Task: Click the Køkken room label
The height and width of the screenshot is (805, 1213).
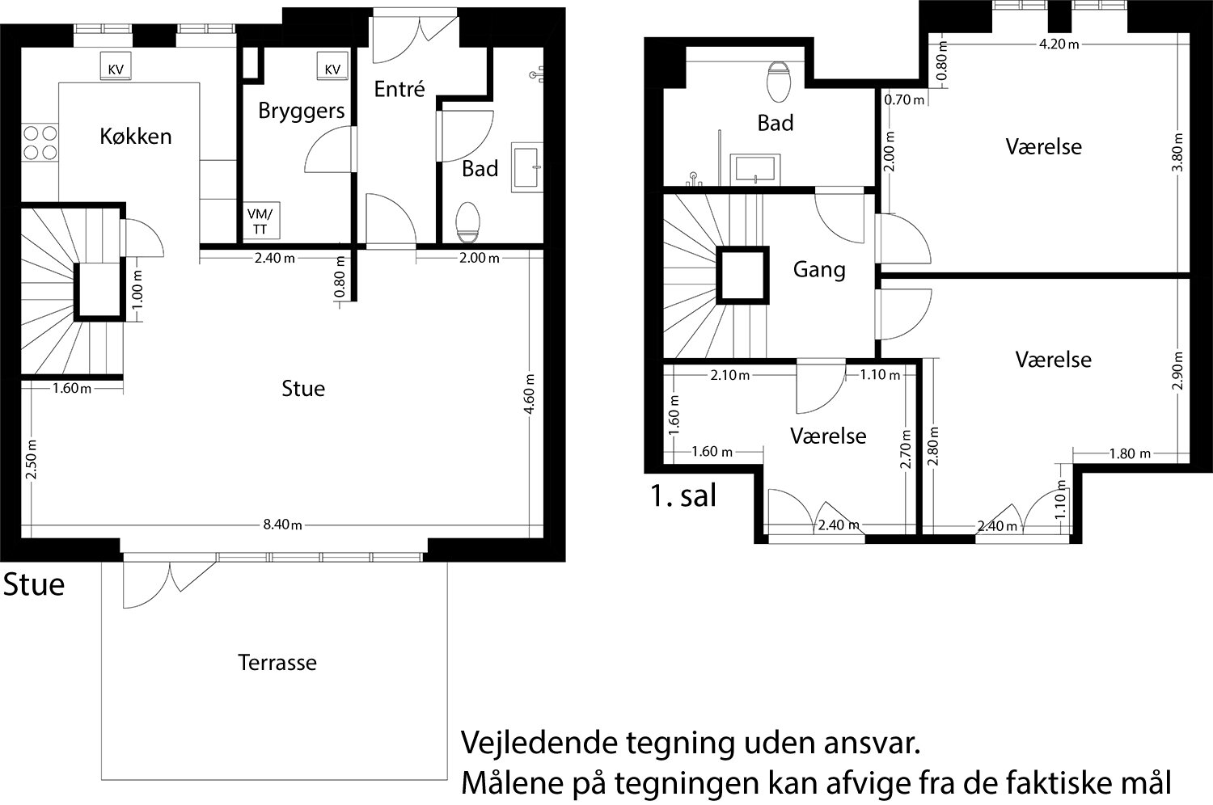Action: tap(136, 137)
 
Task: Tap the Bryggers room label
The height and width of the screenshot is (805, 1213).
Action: tap(301, 112)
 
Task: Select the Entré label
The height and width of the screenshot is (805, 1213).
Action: tap(399, 90)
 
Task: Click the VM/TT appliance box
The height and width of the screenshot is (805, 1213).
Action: tap(260, 221)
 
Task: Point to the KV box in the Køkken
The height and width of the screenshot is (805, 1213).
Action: tap(116, 66)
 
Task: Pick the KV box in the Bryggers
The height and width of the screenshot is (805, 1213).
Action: tap(332, 66)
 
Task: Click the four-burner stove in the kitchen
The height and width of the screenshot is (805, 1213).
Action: tap(40, 142)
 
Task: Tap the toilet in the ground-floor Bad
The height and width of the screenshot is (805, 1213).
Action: tap(468, 222)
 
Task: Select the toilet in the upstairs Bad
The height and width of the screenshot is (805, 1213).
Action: tap(779, 82)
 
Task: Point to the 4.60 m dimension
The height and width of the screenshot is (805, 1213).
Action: tap(530, 394)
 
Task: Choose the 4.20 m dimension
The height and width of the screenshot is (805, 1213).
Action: tap(1059, 44)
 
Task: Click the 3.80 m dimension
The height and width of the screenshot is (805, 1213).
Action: tap(1177, 152)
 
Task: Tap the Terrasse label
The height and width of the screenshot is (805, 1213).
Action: tap(277, 663)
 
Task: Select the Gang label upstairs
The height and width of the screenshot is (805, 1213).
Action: tap(819, 270)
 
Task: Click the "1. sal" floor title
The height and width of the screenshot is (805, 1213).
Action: tap(683, 496)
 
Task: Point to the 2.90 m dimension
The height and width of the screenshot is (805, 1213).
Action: tap(1177, 370)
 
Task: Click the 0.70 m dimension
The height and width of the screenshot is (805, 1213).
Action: tap(904, 100)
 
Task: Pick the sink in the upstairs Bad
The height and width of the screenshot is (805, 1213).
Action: tap(754, 169)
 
